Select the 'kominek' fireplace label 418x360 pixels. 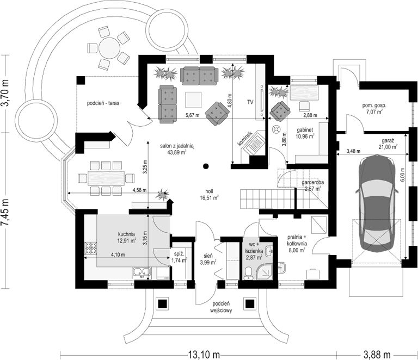click(x=244, y=139)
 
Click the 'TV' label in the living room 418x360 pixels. click(x=250, y=102)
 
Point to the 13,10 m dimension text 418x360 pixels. click(x=204, y=355)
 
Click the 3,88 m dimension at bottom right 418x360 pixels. click(x=377, y=355)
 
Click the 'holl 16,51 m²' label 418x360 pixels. click(x=209, y=194)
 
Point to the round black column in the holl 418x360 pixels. click(x=205, y=166)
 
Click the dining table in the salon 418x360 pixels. click(x=106, y=178)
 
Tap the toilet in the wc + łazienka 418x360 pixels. click(x=248, y=273)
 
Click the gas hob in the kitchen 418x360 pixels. click(x=91, y=248)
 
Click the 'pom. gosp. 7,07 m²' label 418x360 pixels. click(x=374, y=108)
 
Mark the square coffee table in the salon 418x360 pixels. click(x=194, y=100)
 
